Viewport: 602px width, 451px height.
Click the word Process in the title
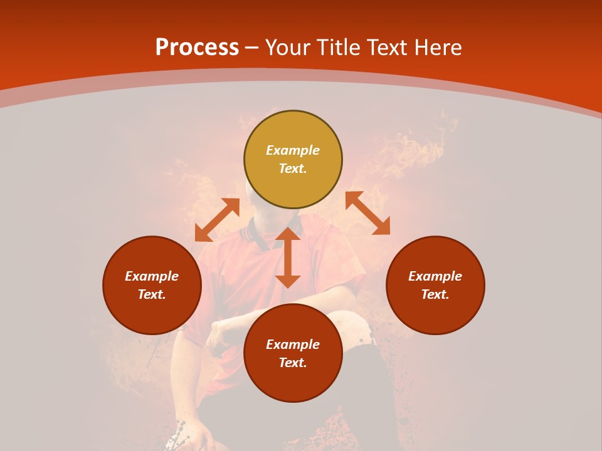197,48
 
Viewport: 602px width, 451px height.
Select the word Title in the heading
342,48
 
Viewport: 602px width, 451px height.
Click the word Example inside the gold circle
293,150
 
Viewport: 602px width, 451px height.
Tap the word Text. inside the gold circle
293,168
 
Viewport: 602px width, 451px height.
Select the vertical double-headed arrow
288,257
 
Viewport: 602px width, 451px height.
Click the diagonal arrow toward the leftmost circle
217,220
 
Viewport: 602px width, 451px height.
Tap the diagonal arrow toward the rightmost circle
368,213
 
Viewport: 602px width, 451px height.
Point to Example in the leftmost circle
152,276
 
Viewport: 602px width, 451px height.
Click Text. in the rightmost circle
435,294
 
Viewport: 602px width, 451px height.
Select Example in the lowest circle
293,345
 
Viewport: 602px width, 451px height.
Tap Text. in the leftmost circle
152,294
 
